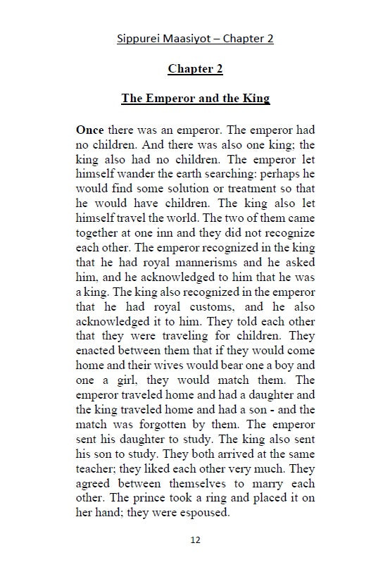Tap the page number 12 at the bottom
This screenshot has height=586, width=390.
[195, 540]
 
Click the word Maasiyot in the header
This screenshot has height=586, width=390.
[186, 38]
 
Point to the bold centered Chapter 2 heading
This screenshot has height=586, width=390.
[195, 69]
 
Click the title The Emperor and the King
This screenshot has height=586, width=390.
[195, 99]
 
